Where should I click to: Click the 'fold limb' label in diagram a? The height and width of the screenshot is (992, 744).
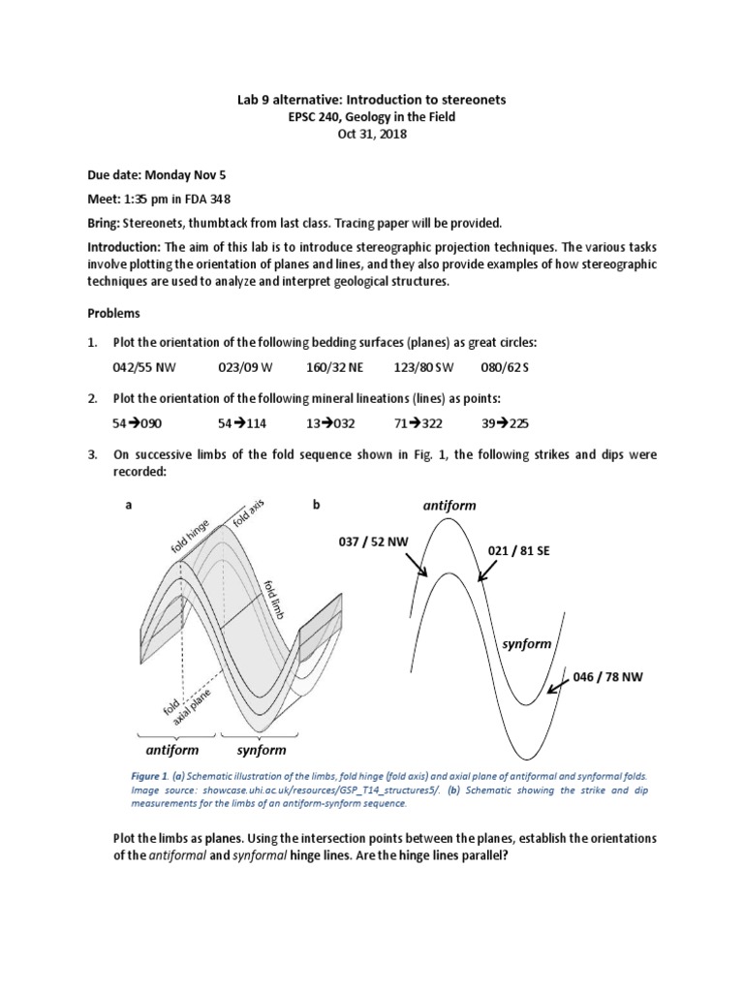pos(276,601)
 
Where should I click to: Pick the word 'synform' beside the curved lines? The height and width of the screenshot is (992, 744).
pos(526,644)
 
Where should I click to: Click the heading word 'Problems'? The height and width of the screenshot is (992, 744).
pos(114,314)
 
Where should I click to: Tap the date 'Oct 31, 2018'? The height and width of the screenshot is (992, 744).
pos(372,135)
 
